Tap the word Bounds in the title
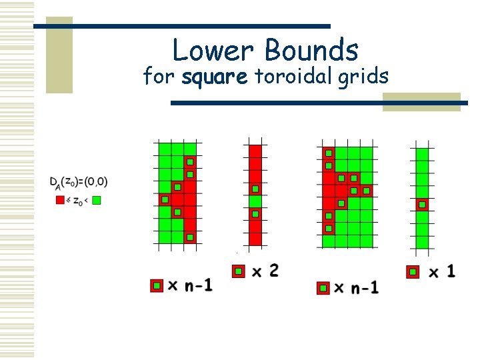pos(312,50)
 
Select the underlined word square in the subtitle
pos(214,77)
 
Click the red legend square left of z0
pos(60,199)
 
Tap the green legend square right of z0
pos(97,199)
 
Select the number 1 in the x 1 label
pos(451,271)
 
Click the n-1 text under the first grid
pos(199,286)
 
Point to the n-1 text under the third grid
pos(365,288)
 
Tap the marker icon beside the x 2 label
pos(238,271)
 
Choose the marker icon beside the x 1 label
pos(413,271)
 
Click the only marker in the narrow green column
pos(421,205)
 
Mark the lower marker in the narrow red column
pos(254,214)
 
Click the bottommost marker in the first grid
pos(190,237)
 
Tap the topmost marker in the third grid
pos(328,153)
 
